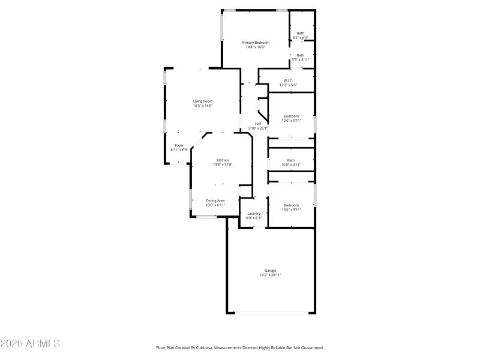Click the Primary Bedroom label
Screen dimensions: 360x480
pos(256,43)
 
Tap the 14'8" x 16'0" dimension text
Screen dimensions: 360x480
pos(256,47)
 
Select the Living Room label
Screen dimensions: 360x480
pos(203,101)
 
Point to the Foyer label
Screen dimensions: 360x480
pos(179,145)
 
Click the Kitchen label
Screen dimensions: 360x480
pos(223,160)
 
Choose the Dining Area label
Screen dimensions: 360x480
pos(215,200)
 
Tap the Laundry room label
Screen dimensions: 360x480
pos(253,213)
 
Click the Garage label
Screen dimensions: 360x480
pos(271,271)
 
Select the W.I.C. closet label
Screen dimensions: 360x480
pos(288,80)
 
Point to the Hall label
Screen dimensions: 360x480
pos(257,124)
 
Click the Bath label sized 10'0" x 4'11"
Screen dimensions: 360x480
pos(291,160)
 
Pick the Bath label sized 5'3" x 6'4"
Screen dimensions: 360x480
pos(301,33)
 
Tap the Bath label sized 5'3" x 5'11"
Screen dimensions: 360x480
pos(301,55)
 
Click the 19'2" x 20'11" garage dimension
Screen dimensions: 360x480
pos(271,275)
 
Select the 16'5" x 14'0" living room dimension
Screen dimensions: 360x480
pos(203,106)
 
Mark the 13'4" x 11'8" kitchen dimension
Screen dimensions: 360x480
pos(223,165)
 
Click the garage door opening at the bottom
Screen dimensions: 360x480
pos(271,313)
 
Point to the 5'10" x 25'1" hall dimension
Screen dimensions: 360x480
pos(257,128)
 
